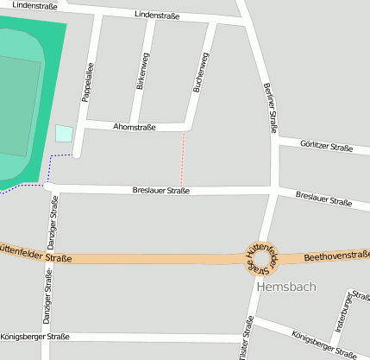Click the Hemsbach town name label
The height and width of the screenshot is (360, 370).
[286, 287]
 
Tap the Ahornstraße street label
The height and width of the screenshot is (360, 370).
[135, 127]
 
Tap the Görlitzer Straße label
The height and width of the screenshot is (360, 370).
[327, 146]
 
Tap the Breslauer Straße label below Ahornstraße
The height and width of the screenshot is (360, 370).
[160, 190]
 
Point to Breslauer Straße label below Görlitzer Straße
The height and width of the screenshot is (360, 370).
[323, 199]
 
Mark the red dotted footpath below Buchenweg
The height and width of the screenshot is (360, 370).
[183, 160]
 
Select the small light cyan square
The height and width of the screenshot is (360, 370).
[64, 133]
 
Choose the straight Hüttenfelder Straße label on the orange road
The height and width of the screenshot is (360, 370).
[34, 254]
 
